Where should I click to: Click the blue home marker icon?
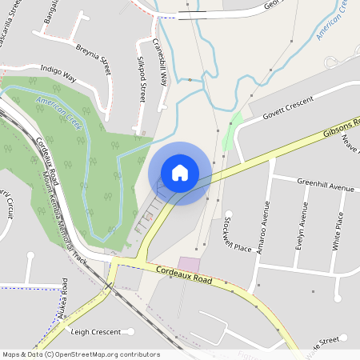click(x=180, y=172)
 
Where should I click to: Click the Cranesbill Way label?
click(x=163, y=62)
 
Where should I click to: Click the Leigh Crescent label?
click(x=95, y=331)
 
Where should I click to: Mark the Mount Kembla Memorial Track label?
click(x=62, y=208)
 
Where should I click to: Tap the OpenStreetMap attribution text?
click(x=81, y=354)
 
